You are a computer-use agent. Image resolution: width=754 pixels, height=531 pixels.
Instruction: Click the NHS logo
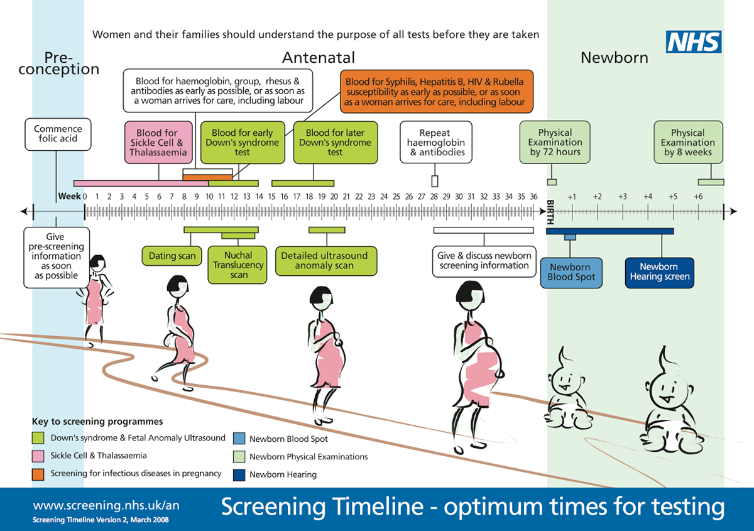pos(694,41)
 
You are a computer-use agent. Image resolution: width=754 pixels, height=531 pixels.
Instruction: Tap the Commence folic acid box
pos(58,134)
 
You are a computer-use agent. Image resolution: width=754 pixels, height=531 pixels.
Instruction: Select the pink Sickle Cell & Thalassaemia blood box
pos(158,143)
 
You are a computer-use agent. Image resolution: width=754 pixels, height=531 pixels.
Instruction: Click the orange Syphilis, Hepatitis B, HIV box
pos(437,92)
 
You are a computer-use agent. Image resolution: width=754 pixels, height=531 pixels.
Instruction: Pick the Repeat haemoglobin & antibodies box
pos(436,142)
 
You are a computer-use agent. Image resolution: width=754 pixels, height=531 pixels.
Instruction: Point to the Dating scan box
pos(172,256)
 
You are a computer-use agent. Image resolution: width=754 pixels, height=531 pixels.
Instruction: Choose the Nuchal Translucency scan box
pos(238,265)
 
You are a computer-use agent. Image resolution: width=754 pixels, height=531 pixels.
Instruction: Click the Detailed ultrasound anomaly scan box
pos(326,261)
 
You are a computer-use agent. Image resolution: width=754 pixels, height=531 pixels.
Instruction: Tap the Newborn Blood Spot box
pos(571,273)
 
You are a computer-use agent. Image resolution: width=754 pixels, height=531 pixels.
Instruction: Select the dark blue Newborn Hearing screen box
pos(659,273)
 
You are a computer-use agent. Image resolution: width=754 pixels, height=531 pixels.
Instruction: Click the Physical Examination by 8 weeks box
pos(688,143)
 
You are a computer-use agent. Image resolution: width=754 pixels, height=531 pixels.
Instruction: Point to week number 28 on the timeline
pos(434,196)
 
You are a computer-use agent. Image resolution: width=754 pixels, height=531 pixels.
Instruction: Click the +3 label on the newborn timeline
pos(623,196)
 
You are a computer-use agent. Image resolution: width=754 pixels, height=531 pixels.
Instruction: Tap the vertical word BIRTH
pos(550,212)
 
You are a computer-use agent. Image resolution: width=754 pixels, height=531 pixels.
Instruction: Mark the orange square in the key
pos(38,474)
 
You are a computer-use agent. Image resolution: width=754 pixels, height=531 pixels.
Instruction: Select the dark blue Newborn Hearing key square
pos(239,475)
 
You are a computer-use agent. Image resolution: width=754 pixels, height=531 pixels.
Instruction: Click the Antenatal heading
pos(319,58)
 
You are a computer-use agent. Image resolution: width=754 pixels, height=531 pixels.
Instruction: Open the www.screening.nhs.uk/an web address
pos(106,505)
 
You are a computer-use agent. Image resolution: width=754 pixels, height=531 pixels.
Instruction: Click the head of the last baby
pos(668,387)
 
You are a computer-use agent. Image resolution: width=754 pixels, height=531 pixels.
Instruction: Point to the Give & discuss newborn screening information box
pos(484,261)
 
